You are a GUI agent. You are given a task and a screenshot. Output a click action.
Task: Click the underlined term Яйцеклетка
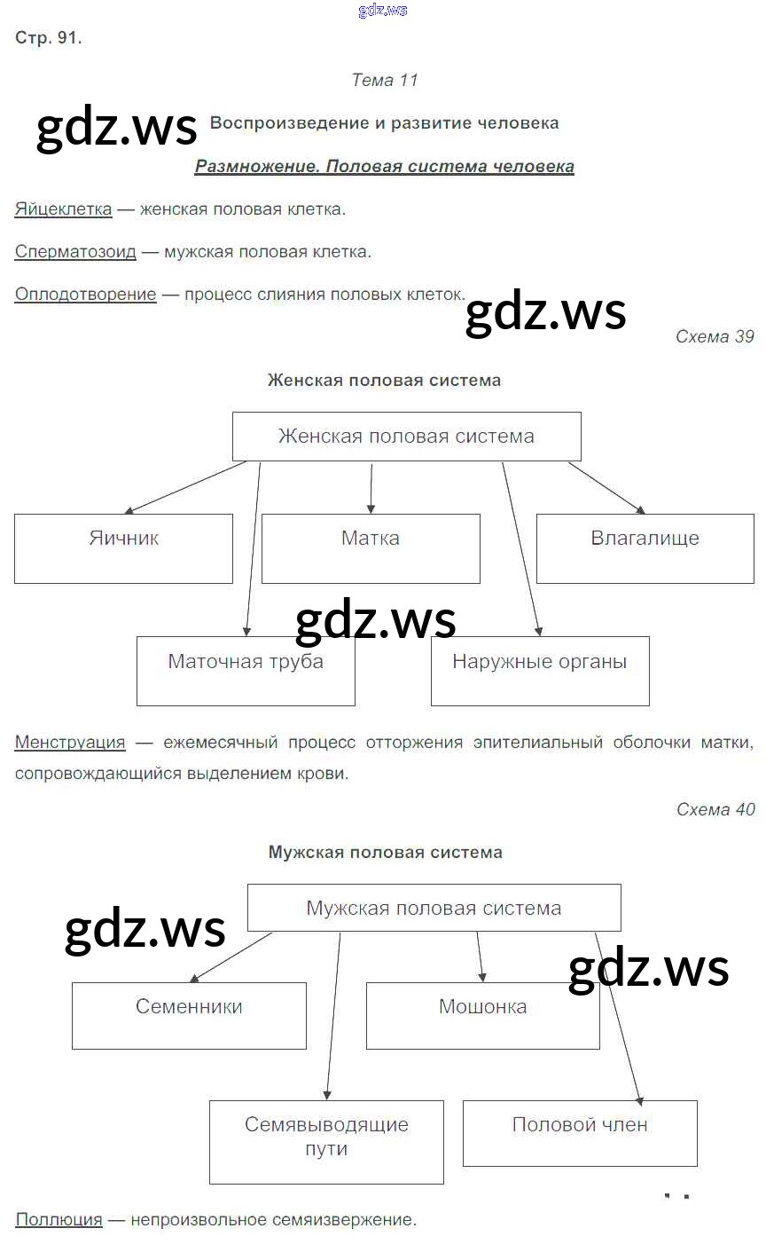[x=63, y=209]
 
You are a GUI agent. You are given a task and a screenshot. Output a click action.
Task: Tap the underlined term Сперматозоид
[x=75, y=252]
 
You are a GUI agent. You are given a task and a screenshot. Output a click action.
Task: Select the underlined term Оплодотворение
[x=85, y=295]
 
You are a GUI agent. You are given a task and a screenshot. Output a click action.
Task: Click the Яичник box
[x=123, y=548]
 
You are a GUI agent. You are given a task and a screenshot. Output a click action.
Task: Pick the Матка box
[x=371, y=548]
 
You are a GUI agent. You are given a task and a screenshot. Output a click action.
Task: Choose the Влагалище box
[x=645, y=548]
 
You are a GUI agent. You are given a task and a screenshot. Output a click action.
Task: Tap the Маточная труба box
[x=246, y=671]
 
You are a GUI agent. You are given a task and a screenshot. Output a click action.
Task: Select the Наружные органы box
[x=540, y=671]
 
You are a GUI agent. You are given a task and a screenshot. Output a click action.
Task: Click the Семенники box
[x=189, y=1016]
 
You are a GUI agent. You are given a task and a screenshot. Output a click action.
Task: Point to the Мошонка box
[x=482, y=1016]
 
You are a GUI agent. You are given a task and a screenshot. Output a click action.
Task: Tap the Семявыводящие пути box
[x=326, y=1142]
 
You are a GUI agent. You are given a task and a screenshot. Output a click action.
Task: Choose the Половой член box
[x=580, y=1134]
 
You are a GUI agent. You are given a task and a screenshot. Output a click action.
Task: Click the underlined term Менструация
[x=70, y=743]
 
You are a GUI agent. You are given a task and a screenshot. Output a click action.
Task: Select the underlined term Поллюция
[x=59, y=1220]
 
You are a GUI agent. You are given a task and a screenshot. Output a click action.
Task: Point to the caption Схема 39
[x=715, y=336]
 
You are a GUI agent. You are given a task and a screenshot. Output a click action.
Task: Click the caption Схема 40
[x=715, y=809]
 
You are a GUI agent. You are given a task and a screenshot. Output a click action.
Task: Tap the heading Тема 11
[x=384, y=80]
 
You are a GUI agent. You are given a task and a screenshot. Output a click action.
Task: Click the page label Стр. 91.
[x=49, y=38]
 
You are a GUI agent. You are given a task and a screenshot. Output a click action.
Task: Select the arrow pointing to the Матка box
[x=371, y=487]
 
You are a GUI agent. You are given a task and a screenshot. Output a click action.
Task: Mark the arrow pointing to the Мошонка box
[x=481, y=957]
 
